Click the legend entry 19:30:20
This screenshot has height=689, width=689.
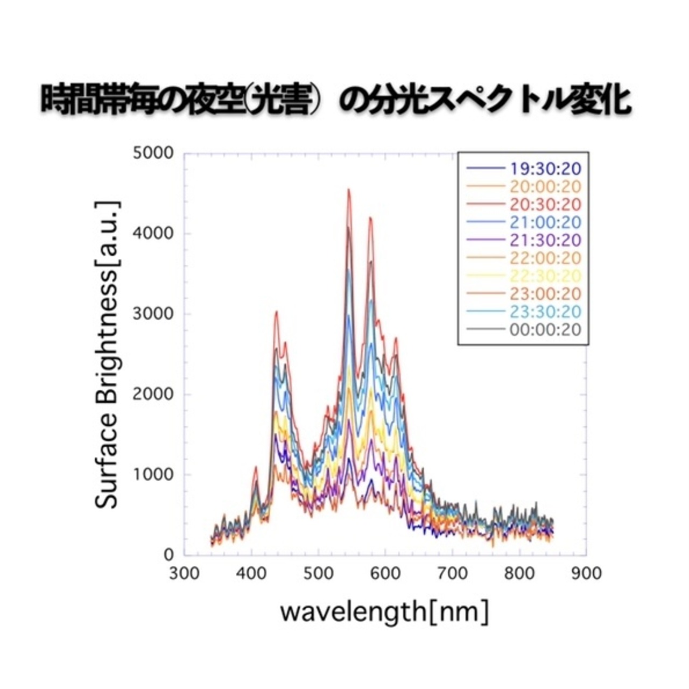click(x=544, y=169)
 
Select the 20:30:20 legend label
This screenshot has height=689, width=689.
click(x=544, y=205)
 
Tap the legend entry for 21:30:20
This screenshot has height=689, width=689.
click(x=544, y=240)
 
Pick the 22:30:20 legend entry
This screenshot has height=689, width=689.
click(x=544, y=276)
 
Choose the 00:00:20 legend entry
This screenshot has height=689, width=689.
click(x=544, y=329)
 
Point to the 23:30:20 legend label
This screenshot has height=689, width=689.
click(x=544, y=312)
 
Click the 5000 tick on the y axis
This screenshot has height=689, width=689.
click(x=153, y=153)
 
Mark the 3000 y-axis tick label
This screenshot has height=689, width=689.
click(x=153, y=314)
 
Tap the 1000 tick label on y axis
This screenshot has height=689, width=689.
click(x=153, y=474)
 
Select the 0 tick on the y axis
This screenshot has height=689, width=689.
click(x=168, y=554)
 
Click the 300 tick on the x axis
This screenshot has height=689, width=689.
click(x=184, y=574)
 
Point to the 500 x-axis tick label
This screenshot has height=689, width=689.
click(x=318, y=574)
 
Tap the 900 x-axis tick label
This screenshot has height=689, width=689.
click(x=586, y=574)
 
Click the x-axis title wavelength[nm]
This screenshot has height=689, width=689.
click(x=384, y=613)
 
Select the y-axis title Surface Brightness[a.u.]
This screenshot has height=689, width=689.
click(x=107, y=355)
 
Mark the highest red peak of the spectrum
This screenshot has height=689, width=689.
click(x=349, y=189)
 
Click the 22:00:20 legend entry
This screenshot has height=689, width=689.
click(x=544, y=258)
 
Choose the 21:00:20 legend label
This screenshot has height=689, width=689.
click(x=544, y=222)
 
